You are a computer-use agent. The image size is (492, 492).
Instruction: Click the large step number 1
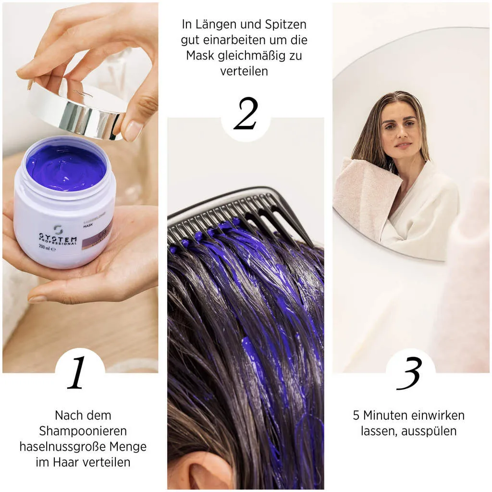[77, 373]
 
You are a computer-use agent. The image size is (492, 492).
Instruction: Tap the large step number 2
[246, 114]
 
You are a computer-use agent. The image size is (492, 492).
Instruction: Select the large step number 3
[410, 373]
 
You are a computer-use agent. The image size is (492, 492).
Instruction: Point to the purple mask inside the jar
[66, 168]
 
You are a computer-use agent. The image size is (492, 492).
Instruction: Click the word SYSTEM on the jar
[58, 238]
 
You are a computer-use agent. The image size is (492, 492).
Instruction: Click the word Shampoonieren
[83, 431]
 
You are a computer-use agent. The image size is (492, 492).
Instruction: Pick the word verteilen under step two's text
[244, 71]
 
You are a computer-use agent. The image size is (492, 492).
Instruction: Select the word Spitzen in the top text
[286, 24]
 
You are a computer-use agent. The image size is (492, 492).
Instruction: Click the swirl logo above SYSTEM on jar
[58, 229]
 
